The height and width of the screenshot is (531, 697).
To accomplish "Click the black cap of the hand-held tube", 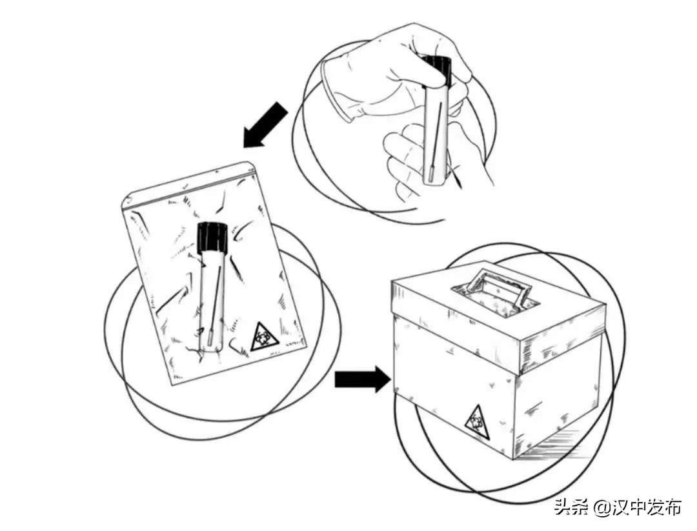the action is pyautogui.click(x=436, y=71).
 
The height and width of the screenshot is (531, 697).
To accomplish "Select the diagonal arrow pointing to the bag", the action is pyautogui.click(x=265, y=125).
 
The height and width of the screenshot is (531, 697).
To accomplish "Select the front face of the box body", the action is pyautogui.click(x=454, y=382).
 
